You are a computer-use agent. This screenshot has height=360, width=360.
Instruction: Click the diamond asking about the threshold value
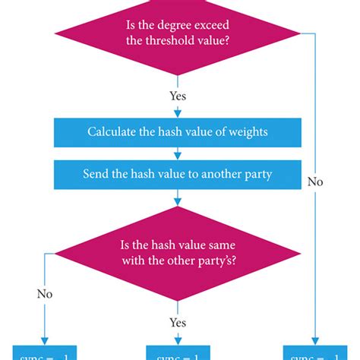point(178,35)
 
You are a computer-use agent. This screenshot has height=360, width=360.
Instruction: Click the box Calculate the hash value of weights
point(178,131)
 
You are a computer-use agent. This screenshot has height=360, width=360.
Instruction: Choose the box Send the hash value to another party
point(178,174)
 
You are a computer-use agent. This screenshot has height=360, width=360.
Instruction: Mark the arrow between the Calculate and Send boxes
point(178,153)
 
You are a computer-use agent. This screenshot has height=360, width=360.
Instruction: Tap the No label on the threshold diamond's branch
point(315,182)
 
